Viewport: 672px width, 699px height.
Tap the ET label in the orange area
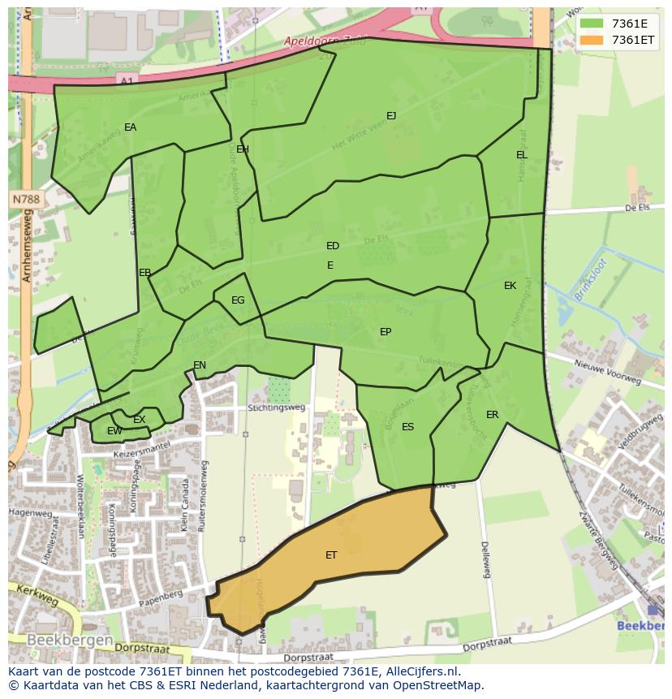pos(331,555)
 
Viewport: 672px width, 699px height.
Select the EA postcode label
pos(130,127)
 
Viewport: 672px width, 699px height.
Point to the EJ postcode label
pos(391,116)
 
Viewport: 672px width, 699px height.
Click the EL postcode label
pos(521,155)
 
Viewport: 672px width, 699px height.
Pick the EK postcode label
pos(510,286)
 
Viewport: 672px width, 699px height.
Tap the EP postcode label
pos(386,332)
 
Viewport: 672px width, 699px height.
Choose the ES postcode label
pos(407,427)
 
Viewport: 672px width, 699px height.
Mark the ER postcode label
pos(492,415)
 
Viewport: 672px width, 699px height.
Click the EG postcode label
pos(238,300)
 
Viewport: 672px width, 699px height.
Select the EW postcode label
pos(114,431)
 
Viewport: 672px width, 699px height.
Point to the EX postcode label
pos(140,420)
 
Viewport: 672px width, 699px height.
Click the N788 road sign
pos(26,199)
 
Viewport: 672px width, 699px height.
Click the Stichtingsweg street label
pos(277,408)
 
